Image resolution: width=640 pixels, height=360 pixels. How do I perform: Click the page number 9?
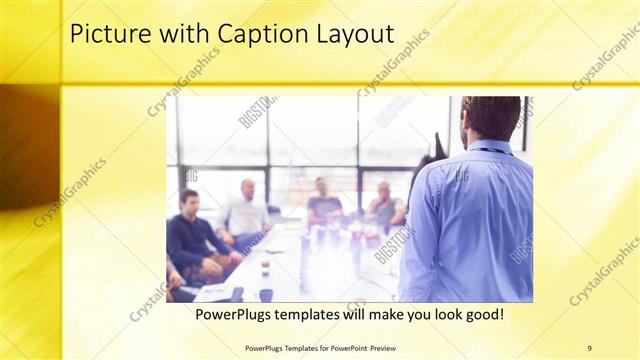[x=589, y=347]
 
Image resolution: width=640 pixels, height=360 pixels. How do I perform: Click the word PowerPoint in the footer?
[x=340, y=347]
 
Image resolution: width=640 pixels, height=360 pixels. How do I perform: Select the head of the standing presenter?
[x=491, y=118]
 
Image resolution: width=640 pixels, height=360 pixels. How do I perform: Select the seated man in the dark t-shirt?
[x=324, y=203]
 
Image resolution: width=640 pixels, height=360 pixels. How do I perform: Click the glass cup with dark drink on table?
[x=265, y=265]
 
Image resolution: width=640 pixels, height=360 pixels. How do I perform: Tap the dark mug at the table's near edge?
[x=265, y=295]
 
